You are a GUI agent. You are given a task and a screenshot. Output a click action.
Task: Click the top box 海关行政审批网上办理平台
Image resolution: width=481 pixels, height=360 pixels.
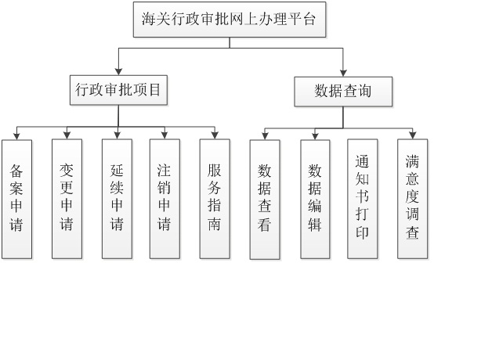pyautogui.click(x=229, y=20)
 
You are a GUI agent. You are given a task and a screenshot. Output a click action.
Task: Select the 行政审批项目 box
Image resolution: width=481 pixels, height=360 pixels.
pyautogui.click(x=118, y=90)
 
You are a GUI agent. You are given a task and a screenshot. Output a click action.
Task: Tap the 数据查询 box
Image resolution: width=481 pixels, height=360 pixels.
pyautogui.click(x=342, y=92)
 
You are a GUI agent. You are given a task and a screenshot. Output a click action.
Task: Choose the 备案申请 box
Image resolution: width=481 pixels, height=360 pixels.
pyautogui.click(x=16, y=199)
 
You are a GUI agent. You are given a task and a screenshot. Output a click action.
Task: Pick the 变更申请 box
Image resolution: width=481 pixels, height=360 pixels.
pyautogui.click(x=67, y=199)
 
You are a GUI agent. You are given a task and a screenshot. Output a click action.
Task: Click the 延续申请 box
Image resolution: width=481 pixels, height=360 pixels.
pyautogui.click(x=117, y=199)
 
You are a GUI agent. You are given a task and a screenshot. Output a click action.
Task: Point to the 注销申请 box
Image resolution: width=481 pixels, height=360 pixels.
pyautogui.click(x=165, y=199)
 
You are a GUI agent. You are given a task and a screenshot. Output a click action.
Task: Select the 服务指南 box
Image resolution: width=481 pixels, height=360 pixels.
pyautogui.click(x=215, y=199)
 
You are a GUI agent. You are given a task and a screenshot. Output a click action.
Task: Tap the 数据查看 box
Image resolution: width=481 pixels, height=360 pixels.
pyautogui.click(x=265, y=199)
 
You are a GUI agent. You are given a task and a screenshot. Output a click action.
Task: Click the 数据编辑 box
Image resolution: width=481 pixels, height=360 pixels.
pyautogui.click(x=315, y=199)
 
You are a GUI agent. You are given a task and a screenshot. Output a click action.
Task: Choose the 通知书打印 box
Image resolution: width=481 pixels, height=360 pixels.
pyautogui.click(x=362, y=199)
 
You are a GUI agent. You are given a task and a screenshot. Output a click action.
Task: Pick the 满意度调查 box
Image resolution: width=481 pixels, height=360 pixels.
pyautogui.click(x=412, y=199)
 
